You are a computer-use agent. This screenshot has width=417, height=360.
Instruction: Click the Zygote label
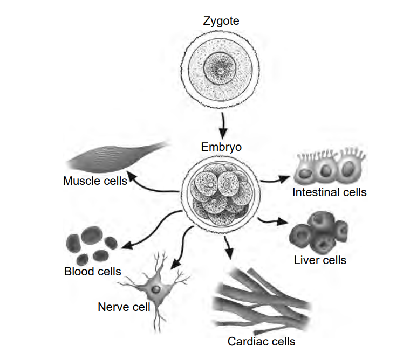tap(221, 22)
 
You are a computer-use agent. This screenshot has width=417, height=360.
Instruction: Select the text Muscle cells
tap(95, 181)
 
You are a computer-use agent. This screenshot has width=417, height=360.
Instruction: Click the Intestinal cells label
tap(329, 192)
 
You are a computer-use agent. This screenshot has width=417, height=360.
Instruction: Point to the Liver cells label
tap(320, 260)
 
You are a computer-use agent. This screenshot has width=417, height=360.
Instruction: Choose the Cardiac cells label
tap(261, 341)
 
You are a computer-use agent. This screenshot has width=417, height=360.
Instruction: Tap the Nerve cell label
tap(124, 307)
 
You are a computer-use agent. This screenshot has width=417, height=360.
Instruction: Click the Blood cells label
tap(92, 271)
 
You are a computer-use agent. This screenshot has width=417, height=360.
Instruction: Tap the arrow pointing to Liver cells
tap(272, 220)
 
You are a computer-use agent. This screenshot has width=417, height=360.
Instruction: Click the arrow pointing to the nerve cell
tap(181, 248)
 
